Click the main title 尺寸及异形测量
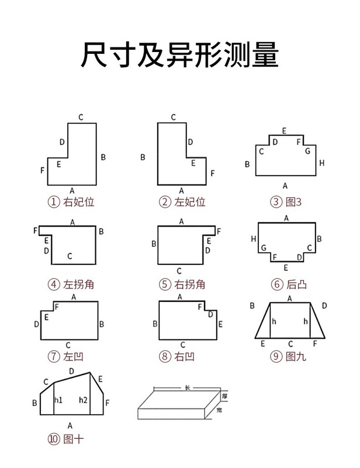click(179, 55)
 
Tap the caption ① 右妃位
click(71, 202)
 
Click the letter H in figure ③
click(321, 163)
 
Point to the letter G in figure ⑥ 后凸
click(264, 248)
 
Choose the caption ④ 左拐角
click(71, 285)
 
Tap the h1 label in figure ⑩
click(58, 401)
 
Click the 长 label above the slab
click(188, 388)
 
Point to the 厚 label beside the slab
click(224, 397)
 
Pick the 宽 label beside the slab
click(219, 411)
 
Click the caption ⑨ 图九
click(288, 356)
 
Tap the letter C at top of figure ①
click(81, 117)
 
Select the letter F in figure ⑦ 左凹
click(56, 307)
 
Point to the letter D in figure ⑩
click(71, 371)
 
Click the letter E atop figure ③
click(284, 130)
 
